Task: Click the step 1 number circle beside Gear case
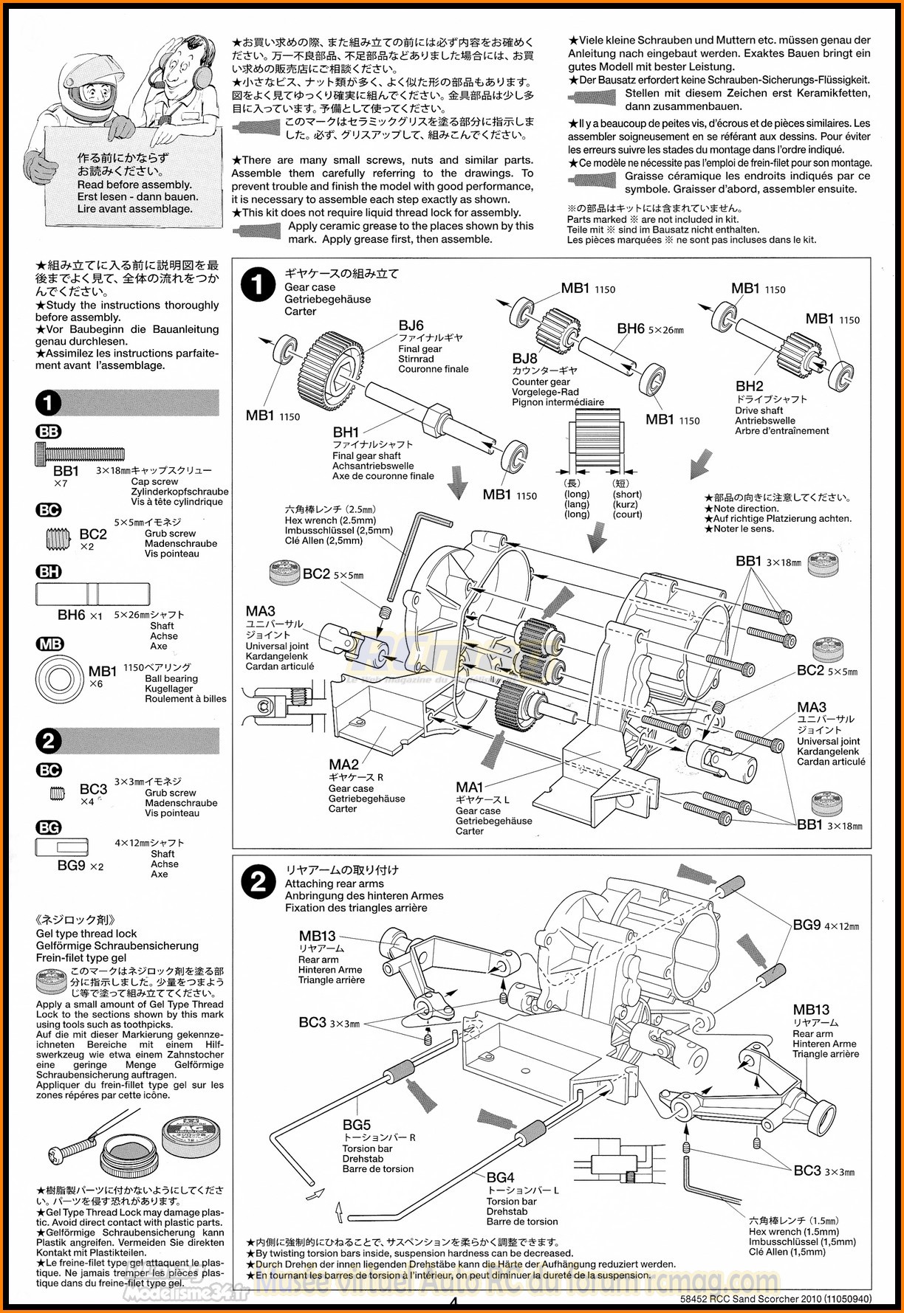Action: [258, 286]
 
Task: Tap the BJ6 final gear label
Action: [411, 325]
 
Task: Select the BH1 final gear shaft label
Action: [346, 433]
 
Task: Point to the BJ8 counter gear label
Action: [525, 359]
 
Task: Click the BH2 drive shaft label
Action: [749, 386]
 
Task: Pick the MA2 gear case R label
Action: [343, 765]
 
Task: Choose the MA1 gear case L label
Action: [470, 787]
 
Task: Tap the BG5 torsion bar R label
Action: [357, 1125]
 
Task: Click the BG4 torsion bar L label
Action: [500, 1177]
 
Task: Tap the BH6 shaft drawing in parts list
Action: [92, 593]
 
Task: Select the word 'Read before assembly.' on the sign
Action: [134, 185]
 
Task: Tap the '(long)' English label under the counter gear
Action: [577, 494]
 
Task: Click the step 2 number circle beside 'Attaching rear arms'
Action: [258, 882]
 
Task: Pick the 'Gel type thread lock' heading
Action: [86, 933]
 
